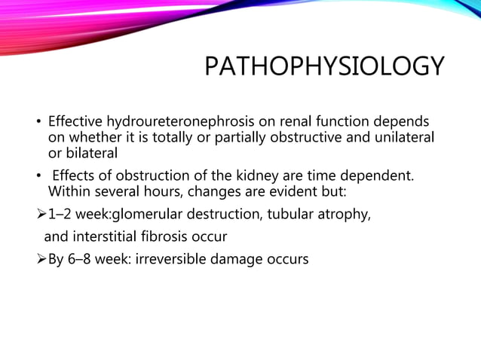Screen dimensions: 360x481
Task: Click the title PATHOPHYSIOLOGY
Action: [x=324, y=68]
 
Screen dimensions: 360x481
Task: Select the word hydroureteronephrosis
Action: [x=176, y=121]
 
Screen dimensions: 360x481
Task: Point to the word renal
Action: [x=284, y=121]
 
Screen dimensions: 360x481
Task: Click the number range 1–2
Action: [x=63, y=215]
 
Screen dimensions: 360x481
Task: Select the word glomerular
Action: [x=146, y=215]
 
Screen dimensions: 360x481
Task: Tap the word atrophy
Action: [x=344, y=215]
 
